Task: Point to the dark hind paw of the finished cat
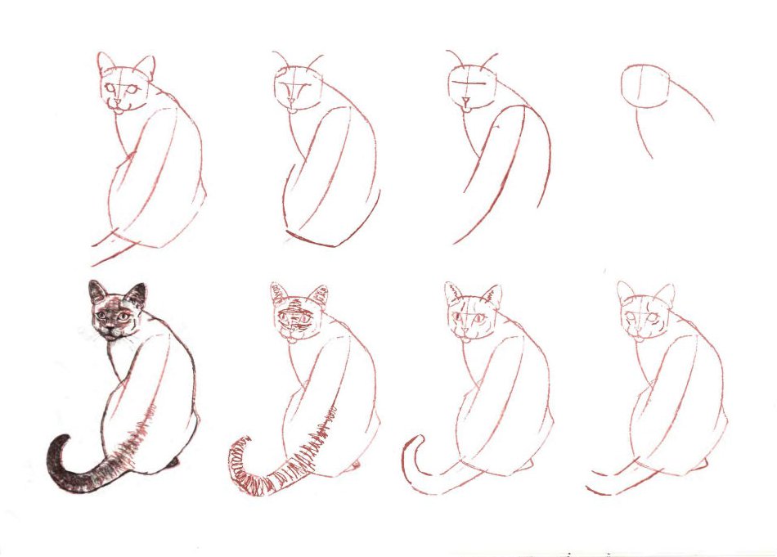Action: (x=173, y=463)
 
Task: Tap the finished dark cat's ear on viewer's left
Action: (x=96, y=290)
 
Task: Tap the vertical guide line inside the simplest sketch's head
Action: (x=641, y=86)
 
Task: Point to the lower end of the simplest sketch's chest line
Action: (x=650, y=157)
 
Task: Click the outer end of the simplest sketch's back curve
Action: (x=712, y=120)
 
